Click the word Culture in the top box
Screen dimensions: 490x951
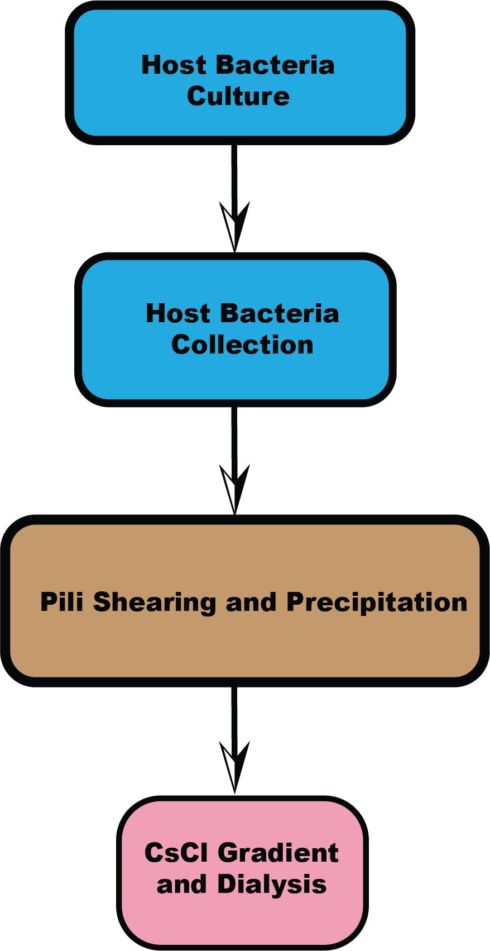(x=238, y=96)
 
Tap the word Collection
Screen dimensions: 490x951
(x=242, y=345)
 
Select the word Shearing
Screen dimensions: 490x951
(x=155, y=602)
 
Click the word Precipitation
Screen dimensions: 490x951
(x=377, y=602)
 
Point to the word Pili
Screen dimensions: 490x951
(x=61, y=601)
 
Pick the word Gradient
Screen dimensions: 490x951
(x=280, y=852)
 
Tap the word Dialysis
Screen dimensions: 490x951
(x=272, y=885)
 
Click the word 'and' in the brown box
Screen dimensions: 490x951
(x=251, y=602)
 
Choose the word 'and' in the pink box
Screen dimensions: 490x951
(x=182, y=885)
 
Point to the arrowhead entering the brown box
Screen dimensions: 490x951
(x=234, y=489)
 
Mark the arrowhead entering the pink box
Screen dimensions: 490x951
(x=234, y=767)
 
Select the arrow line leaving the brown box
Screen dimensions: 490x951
(x=234, y=739)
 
